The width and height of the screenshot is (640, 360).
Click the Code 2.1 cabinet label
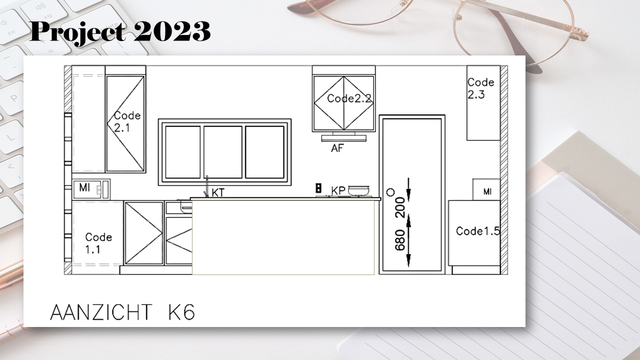pos(127,121)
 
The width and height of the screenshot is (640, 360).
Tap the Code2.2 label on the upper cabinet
pos(349,98)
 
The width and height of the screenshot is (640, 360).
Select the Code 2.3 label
pos(480,88)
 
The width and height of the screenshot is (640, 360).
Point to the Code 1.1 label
pos(98,243)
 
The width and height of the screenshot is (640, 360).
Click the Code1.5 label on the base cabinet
pos(477,231)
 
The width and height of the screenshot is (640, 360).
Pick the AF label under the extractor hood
pos(337,148)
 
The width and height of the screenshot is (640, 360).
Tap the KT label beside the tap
pos(218,193)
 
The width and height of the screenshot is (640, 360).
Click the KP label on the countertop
pos(338,190)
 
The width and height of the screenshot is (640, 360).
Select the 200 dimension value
pos(400,207)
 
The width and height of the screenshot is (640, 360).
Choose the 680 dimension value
pos(400,240)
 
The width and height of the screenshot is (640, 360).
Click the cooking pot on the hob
pos(358,190)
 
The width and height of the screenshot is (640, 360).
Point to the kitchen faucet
pos(206,186)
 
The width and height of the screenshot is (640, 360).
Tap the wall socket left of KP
pos(318,188)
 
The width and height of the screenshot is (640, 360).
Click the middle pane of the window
pos(223,152)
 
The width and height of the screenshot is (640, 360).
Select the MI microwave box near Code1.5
pos(486,189)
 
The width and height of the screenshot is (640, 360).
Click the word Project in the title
pos(77,31)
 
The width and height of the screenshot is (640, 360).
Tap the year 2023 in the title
pos(172,31)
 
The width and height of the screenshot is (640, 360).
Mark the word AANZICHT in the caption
pos(101,312)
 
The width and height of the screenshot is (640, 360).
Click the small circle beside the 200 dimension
pos(390,192)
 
